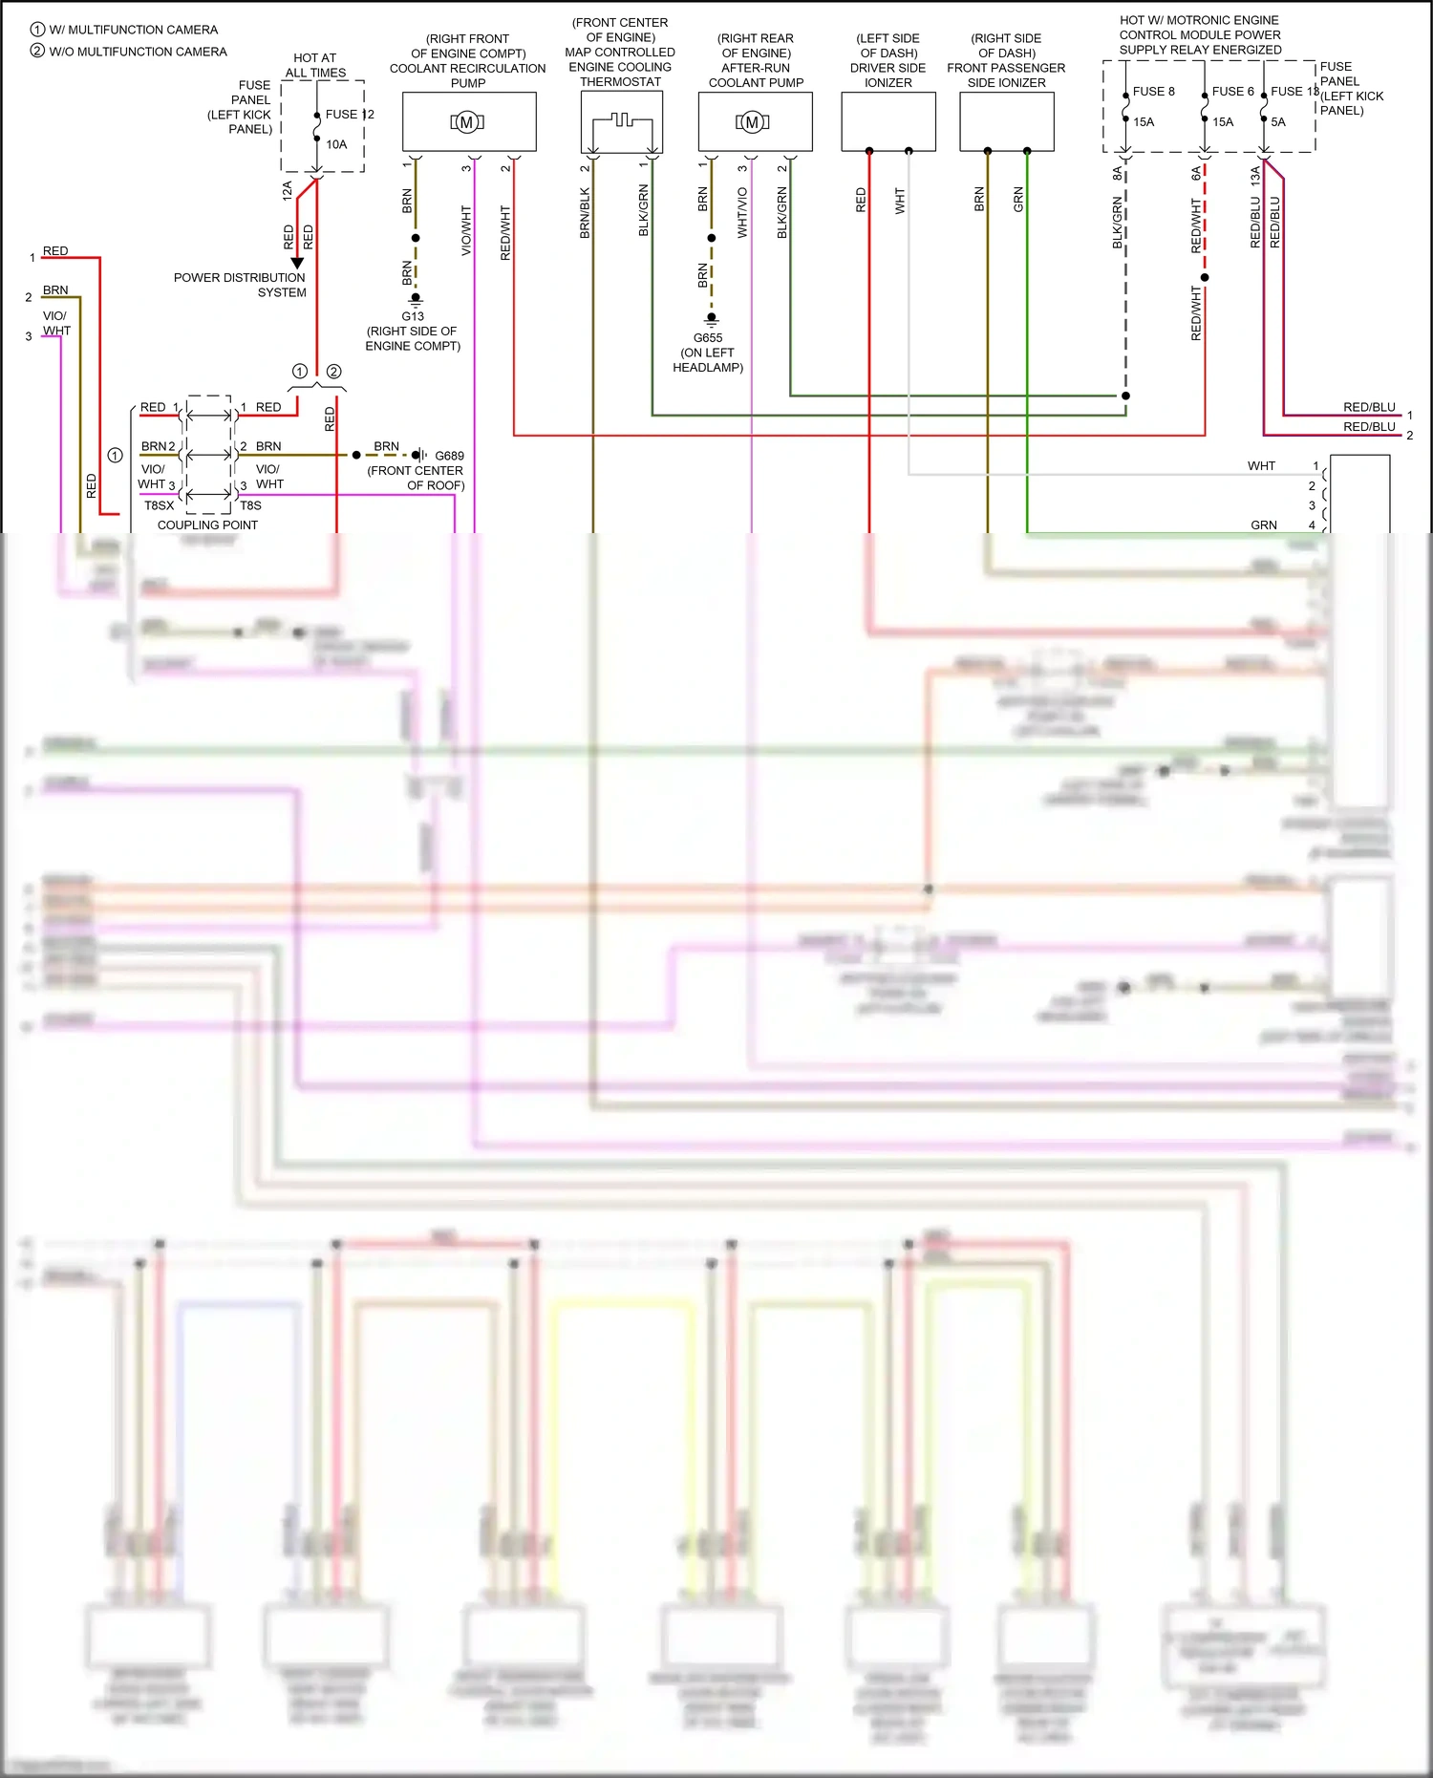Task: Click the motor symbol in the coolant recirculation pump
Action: point(467,122)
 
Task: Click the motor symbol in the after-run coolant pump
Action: point(752,122)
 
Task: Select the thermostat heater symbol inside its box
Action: point(622,121)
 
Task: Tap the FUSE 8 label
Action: point(1153,92)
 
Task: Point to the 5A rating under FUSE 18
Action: point(1278,122)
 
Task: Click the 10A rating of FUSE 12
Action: point(336,144)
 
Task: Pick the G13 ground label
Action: point(413,316)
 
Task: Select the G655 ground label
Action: point(708,338)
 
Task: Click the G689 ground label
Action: point(449,456)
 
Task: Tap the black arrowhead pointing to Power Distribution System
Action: point(297,263)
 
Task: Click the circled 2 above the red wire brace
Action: point(333,372)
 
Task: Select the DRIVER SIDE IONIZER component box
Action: point(888,122)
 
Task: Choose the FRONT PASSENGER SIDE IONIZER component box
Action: point(1006,122)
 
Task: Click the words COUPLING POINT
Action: point(207,525)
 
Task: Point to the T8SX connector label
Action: point(159,505)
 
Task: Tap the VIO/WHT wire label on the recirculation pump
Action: point(466,230)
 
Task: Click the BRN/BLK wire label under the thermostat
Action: point(585,212)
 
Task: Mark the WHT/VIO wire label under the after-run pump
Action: point(742,212)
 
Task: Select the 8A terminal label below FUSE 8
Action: point(1117,173)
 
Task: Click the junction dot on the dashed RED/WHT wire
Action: point(1205,278)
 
